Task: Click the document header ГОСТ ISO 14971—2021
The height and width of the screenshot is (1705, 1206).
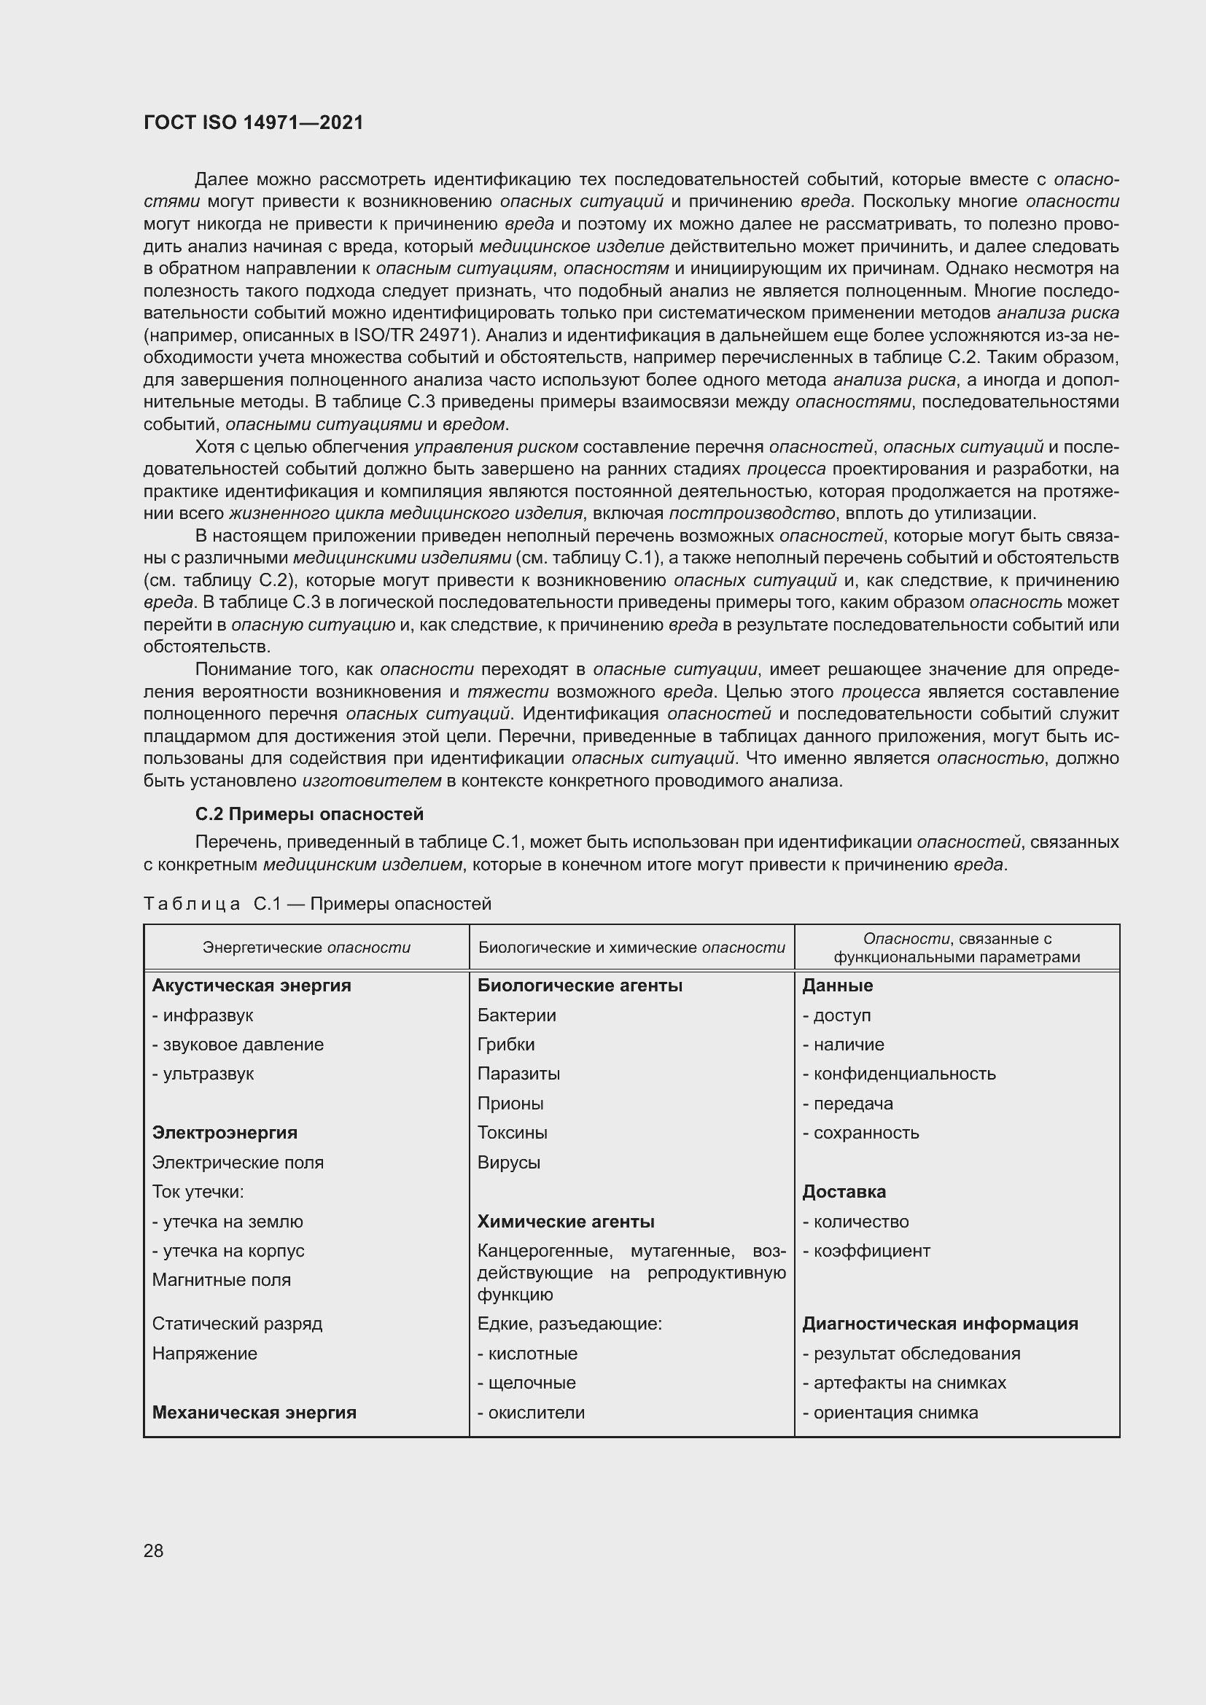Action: [253, 123]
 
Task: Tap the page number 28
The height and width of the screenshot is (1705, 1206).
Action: [153, 1550]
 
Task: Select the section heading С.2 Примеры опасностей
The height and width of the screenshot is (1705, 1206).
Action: [309, 814]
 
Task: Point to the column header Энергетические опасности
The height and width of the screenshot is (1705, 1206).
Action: [306, 948]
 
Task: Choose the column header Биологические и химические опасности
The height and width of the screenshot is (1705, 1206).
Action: [631, 948]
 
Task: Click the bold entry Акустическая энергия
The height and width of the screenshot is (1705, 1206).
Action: [251, 986]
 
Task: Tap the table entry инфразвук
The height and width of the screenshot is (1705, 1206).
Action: [207, 1015]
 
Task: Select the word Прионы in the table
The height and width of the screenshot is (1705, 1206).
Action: [510, 1104]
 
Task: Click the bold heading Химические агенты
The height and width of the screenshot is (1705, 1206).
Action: [565, 1222]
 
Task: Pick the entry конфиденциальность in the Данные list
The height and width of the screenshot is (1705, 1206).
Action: [903, 1074]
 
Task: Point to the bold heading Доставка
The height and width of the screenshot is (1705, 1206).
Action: [844, 1192]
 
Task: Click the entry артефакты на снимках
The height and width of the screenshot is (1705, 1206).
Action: [909, 1383]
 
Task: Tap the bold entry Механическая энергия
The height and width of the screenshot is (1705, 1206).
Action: [254, 1413]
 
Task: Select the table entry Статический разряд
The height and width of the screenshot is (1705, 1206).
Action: [237, 1323]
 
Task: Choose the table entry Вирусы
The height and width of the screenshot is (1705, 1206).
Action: [509, 1162]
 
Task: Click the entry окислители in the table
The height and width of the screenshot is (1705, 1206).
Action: [535, 1413]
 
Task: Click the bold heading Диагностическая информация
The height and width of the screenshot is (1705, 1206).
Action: [939, 1323]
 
